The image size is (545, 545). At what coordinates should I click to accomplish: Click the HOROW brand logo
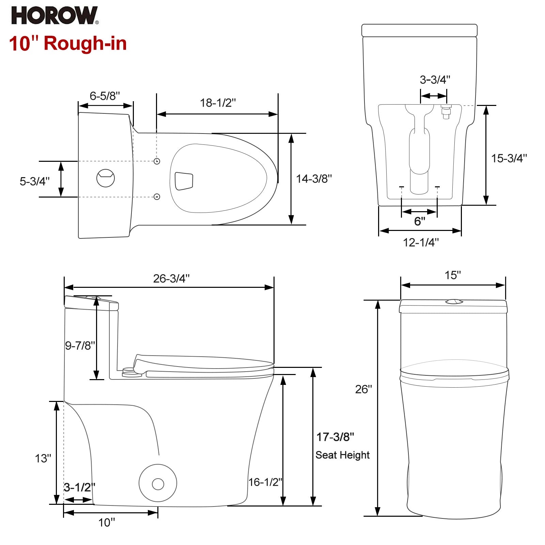tap(54, 16)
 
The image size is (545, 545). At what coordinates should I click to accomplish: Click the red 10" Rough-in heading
tap(68, 44)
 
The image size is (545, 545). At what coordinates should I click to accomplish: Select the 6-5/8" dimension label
tap(105, 96)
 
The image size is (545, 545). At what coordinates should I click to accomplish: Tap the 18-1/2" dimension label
tap(218, 103)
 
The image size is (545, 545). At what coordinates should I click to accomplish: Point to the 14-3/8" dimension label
tap(313, 178)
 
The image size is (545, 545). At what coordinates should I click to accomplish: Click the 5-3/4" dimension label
tap(34, 181)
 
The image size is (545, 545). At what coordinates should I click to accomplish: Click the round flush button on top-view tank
tap(106, 178)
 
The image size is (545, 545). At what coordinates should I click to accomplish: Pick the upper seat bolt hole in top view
tap(157, 161)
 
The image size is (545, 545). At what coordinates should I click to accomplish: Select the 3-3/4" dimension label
tap(435, 80)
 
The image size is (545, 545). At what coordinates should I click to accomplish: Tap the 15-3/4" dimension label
tap(509, 158)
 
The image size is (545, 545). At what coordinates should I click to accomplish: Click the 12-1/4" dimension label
tap(421, 243)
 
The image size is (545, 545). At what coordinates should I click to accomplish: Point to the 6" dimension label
tap(420, 221)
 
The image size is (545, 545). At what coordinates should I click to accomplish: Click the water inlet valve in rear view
tap(446, 111)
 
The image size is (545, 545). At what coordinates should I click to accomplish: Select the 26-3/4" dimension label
tap(171, 279)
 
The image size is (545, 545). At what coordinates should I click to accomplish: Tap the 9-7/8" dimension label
tap(80, 346)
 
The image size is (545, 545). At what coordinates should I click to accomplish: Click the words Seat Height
tap(342, 455)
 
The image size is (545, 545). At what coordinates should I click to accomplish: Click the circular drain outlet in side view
tap(158, 483)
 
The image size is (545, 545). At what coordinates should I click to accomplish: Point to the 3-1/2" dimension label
tap(79, 487)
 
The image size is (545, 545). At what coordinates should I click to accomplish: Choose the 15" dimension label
tap(453, 275)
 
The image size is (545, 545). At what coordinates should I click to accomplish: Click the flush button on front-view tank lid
tap(453, 301)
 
